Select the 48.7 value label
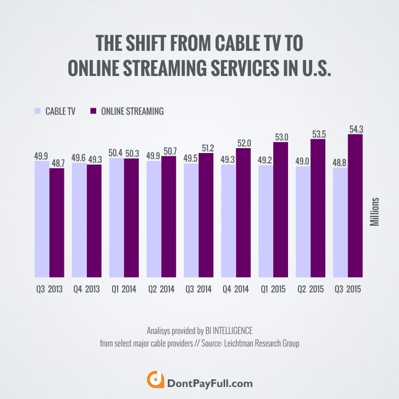coord(57,162)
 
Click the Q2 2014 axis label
coord(161,289)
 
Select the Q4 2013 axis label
coord(86,289)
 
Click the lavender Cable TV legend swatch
coord(38,111)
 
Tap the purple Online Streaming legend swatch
coord(93,111)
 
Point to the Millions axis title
coord(376,213)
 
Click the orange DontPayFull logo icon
coord(156,380)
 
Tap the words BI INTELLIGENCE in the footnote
coord(226,330)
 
